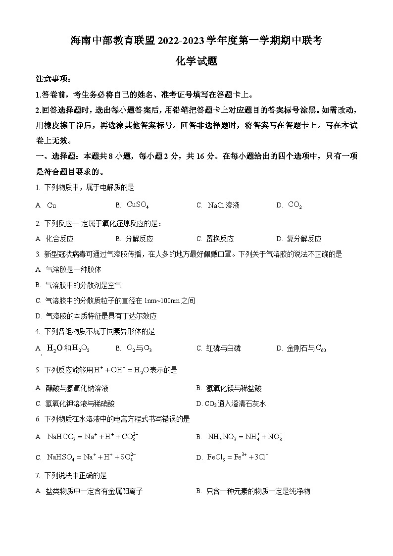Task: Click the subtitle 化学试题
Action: (196, 61)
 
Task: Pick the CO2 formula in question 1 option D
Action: (295, 205)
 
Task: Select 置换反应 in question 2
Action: (220, 239)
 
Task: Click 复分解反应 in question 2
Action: (304, 239)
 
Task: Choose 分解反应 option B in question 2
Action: (139, 239)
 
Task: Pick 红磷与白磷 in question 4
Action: (223, 349)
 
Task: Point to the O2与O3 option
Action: (139, 349)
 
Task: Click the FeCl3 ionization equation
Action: (238, 457)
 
